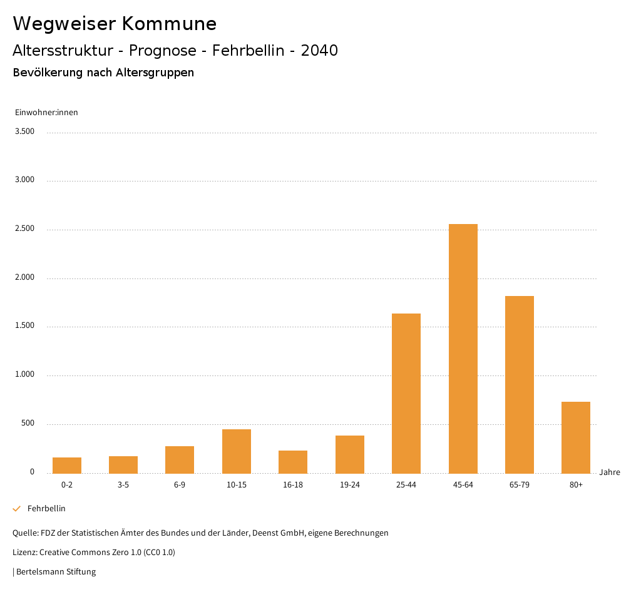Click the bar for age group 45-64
(x=463, y=349)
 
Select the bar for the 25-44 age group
(x=406, y=393)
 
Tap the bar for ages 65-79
(x=519, y=384)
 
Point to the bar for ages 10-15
(x=237, y=451)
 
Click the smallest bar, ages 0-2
(x=67, y=465)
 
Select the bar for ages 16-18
(x=293, y=461)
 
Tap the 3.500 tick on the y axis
(x=26, y=131)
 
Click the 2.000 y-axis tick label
(x=26, y=277)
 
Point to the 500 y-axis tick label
(x=28, y=424)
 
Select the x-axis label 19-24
(x=349, y=485)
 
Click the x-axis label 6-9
(x=180, y=485)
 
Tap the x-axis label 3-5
(x=123, y=485)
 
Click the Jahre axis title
(x=609, y=472)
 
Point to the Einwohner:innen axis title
(x=46, y=113)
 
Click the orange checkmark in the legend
(x=17, y=509)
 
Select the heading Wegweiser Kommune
(x=115, y=24)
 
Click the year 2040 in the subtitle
(x=319, y=51)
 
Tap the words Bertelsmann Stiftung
(x=56, y=571)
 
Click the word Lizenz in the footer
(x=24, y=552)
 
